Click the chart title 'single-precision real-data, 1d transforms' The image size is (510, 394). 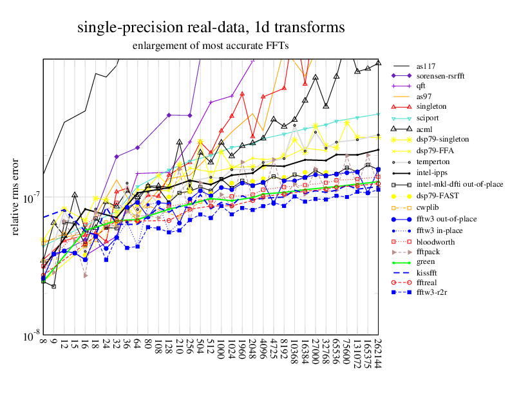click(x=211, y=28)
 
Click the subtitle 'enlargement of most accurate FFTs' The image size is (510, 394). click(x=211, y=46)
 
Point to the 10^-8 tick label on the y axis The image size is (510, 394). click(x=29, y=337)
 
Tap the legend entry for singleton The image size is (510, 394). click(x=431, y=106)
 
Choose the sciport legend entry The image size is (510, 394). click(x=428, y=118)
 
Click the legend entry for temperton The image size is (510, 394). click(x=433, y=162)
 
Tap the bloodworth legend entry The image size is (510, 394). click(x=435, y=241)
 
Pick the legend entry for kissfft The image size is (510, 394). click(x=427, y=274)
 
